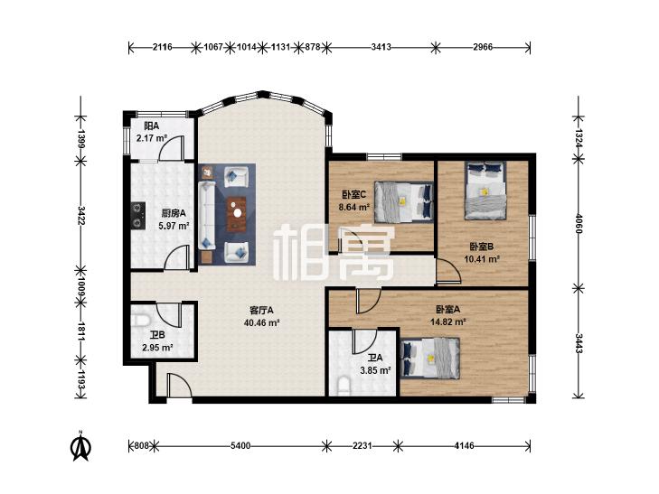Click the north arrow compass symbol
(x=80, y=446)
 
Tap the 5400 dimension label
(x=241, y=446)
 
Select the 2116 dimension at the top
(x=162, y=47)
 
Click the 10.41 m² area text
(x=482, y=259)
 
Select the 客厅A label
(x=261, y=310)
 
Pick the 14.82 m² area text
(x=448, y=322)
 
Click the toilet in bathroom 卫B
(x=141, y=322)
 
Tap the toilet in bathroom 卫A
(x=344, y=387)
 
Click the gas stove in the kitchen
(x=137, y=215)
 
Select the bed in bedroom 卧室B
(x=485, y=191)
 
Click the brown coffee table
(x=238, y=214)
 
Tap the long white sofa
(x=207, y=215)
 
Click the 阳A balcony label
(x=151, y=126)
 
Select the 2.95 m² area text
(x=157, y=348)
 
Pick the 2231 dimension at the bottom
(x=362, y=446)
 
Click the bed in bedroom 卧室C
(x=403, y=201)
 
